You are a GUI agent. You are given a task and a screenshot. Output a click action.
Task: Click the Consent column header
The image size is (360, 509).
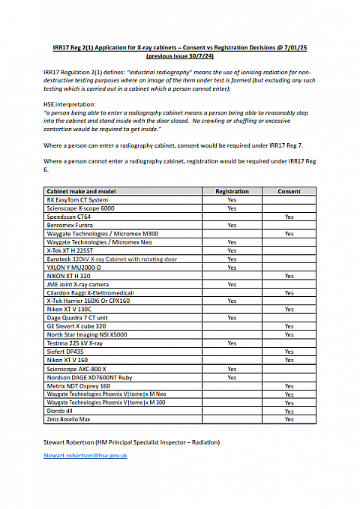pyautogui.click(x=289, y=192)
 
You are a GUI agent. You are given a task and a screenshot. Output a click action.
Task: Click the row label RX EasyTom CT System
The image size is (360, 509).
pyautogui.click(x=77, y=200)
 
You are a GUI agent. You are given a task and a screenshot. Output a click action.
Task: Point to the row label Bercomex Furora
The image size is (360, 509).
pyautogui.click(x=70, y=224)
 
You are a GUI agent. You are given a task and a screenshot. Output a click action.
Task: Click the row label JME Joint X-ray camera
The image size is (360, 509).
pyautogui.click(x=78, y=284)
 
